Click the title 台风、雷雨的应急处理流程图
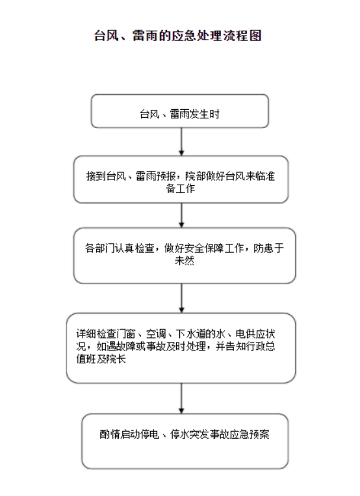[178, 35]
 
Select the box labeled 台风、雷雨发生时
[180, 111]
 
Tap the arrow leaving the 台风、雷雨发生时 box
[181, 142]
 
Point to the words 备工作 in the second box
[181, 189]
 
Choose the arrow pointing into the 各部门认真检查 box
[181, 215]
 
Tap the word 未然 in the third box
[185, 261]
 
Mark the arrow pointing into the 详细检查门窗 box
[181, 298]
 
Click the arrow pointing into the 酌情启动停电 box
[181, 398]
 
